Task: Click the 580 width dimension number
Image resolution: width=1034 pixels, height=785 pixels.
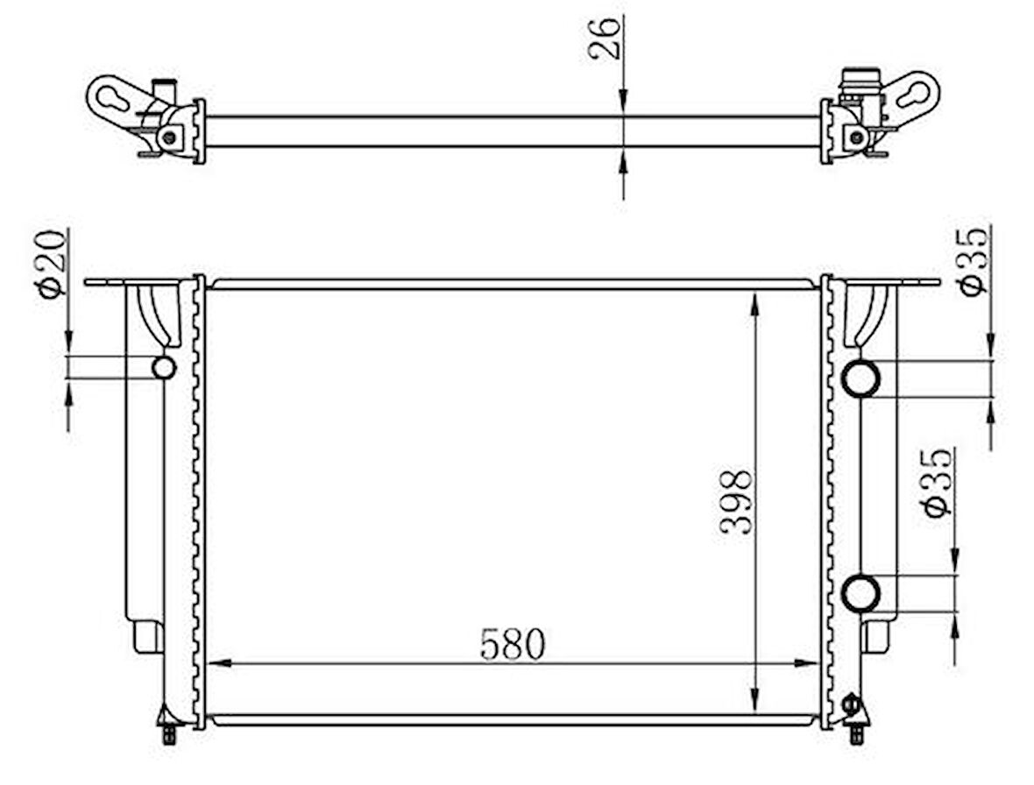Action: (513, 644)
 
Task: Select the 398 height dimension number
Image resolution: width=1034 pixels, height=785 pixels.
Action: (735, 502)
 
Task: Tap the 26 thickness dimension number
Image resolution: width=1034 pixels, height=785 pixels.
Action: (605, 39)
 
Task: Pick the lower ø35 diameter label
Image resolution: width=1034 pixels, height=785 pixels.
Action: (938, 483)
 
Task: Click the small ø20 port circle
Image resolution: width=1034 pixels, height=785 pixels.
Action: (164, 367)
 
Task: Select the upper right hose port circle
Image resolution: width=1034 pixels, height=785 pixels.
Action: (860, 378)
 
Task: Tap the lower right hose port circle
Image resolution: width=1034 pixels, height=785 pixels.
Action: (860, 593)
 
